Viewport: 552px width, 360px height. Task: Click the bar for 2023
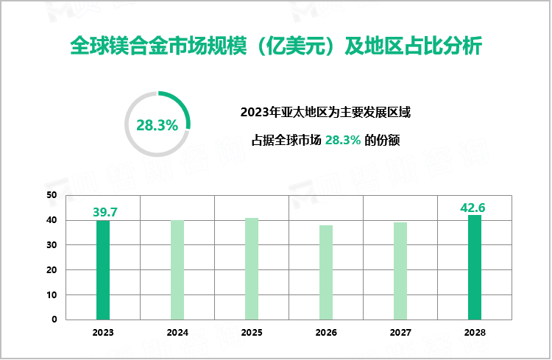tap(103, 269)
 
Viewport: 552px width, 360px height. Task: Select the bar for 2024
tap(177, 269)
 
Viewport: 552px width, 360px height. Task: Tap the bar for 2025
tap(252, 269)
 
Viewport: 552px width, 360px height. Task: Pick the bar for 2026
tap(326, 272)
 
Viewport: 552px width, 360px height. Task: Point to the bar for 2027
tap(400, 271)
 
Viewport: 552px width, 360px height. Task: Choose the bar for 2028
tap(475, 267)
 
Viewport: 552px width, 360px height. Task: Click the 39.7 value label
tap(105, 212)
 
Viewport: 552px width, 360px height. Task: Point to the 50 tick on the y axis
tap(52, 195)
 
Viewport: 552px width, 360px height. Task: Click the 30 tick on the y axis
tap(52, 245)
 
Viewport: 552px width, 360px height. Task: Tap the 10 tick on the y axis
tap(52, 295)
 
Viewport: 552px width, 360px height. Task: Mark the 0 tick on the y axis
tap(54, 320)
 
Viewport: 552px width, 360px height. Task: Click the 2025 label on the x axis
tap(252, 333)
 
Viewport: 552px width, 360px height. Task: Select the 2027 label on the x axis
tap(400, 333)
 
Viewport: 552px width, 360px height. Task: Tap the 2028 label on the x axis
tap(475, 333)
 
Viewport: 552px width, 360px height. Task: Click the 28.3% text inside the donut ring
tap(158, 125)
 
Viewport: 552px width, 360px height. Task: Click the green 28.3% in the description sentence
tap(343, 140)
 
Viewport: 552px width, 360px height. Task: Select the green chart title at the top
tap(275, 46)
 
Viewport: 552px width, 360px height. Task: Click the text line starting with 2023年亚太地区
tap(325, 113)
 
